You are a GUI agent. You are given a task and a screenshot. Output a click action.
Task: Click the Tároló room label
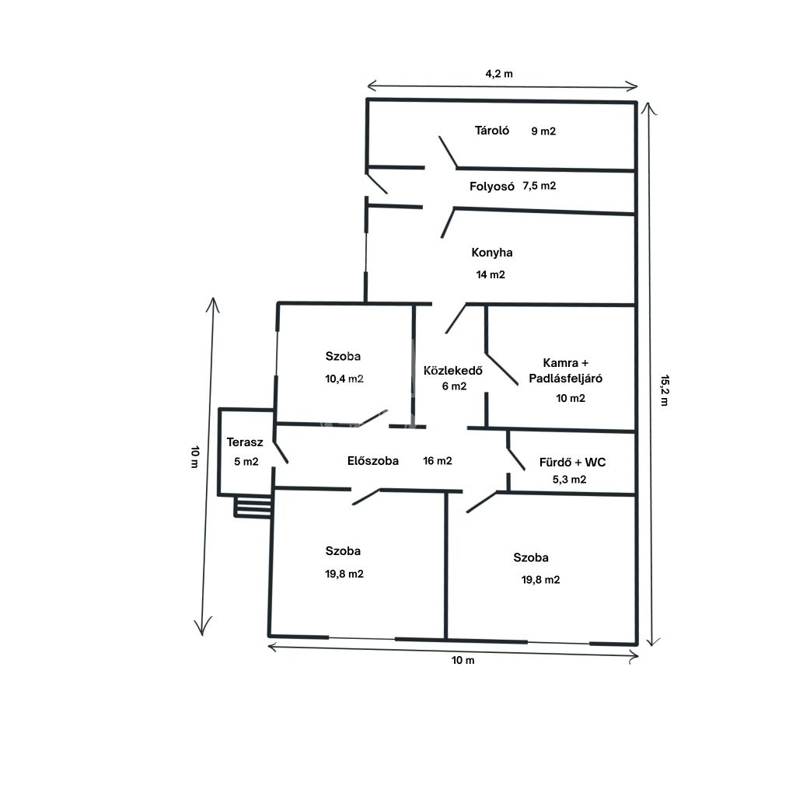491,131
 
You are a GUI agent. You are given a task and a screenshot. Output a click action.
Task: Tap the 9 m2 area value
543,131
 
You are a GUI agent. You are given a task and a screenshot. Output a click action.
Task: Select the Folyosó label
491,187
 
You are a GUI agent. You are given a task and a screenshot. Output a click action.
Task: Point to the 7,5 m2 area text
539,186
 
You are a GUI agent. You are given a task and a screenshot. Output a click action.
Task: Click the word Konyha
491,253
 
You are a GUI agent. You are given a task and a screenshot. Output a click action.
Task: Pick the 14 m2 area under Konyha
491,274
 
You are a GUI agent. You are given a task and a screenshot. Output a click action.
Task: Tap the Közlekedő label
453,371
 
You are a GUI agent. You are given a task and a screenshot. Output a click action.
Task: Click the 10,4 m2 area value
344,379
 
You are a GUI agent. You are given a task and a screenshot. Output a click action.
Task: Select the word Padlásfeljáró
566,379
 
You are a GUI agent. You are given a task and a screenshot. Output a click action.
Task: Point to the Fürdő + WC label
572,463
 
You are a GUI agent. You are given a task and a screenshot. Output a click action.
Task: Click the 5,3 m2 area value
569,480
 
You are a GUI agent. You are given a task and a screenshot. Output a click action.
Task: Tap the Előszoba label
372,461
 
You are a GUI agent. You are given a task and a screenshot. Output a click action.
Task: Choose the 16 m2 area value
437,461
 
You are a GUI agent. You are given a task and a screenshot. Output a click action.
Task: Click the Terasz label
245,442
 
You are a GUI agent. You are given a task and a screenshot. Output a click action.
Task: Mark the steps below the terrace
253,506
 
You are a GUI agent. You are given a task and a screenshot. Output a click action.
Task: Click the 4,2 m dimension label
499,74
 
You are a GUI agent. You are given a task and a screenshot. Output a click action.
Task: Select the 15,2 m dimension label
665,390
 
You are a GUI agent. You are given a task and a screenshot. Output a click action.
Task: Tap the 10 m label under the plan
463,661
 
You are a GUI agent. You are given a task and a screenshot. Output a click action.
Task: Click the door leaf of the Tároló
449,152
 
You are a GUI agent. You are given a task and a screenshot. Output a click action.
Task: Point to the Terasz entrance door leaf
281,452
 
